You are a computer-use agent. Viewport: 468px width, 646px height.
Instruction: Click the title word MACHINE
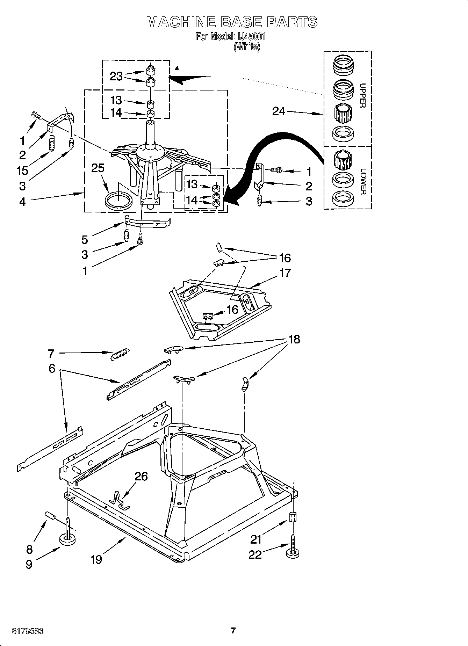pyautogui.click(x=181, y=22)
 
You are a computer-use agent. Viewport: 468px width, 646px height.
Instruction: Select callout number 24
pyautogui.click(x=279, y=111)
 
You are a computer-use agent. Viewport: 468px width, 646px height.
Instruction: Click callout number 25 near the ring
pyautogui.click(x=98, y=168)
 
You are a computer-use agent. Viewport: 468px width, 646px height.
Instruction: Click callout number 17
pyautogui.click(x=285, y=273)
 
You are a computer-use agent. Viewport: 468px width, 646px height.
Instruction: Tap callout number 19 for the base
pyautogui.click(x=96, y=559)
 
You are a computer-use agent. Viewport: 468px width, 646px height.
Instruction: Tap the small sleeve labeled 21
pyautogui.click(x=293, y=517)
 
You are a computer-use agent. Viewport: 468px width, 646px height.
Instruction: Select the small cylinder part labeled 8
pyautogui.click(x=50, y=515)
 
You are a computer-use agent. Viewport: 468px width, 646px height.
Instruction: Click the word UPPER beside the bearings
pyautogui.click(x=362, y=95)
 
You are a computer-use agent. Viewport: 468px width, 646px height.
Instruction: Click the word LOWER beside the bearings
pyautogui.click(x=363, y=182)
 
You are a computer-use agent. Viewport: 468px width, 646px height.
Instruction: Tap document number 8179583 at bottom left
pyautogui.click(x=28, y=631)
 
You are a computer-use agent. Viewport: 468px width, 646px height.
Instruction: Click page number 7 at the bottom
pyautogui.click(x=233, y=631)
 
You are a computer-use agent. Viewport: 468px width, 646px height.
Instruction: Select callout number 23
pyautogui.click(x=116, y=76)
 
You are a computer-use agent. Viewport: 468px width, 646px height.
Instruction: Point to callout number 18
pyautogui.click(x=294, y=339)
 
